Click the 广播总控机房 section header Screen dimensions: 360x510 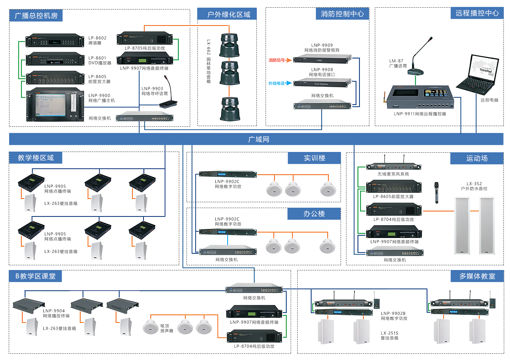(x=36, y=16)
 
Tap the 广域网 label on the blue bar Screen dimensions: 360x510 (x=259, y=139)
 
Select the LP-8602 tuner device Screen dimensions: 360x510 (x=55, y=41)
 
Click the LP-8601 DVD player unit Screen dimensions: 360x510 (x=55, y=59)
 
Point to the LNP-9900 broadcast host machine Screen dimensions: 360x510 (x=55, y=105)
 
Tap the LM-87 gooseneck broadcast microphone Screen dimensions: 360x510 (x=419, y=58)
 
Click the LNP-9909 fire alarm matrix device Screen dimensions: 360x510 (x=322, y=59)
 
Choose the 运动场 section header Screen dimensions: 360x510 (x=477, y=158)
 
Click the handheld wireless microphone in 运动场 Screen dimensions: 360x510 (x=436, y=192)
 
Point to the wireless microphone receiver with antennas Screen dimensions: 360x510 (x=394, y=167)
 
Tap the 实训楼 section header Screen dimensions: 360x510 (x=314, y=158)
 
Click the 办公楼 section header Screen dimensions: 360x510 (x=314, y=214)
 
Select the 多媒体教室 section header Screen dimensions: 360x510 (x=477, y=276)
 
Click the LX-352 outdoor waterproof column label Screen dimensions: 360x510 (x=474, y=186)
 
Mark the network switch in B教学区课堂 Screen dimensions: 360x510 (x=254, y=289)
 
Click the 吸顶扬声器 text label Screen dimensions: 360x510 (x=166, y=328)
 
